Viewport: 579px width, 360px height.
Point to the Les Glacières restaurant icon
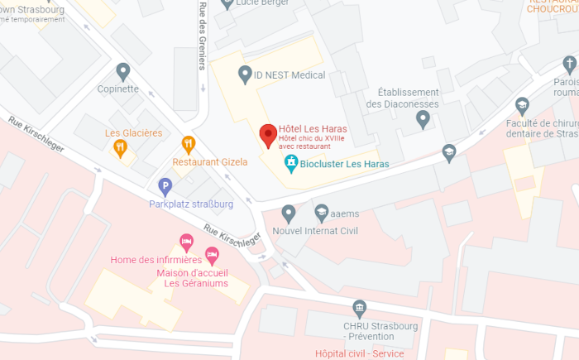[x=121, y=148]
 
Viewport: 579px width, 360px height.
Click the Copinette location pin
[x=123, y=72]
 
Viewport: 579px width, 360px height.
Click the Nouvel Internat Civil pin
[x=289, y=213]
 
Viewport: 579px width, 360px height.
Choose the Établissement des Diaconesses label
[x=402, y=98]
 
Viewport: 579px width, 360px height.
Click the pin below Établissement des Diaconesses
[x=423, y=119]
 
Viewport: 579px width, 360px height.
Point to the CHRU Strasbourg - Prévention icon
[x=359, y=308]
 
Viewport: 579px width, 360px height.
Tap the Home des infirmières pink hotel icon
[x=187, y=242]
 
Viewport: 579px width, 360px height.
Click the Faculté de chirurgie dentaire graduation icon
[x=522, y=105]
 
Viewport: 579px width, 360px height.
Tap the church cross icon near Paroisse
[x=568, y=65]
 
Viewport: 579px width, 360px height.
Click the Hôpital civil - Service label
[x=360, y=353]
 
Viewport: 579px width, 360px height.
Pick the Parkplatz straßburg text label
[x=191, y=204]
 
